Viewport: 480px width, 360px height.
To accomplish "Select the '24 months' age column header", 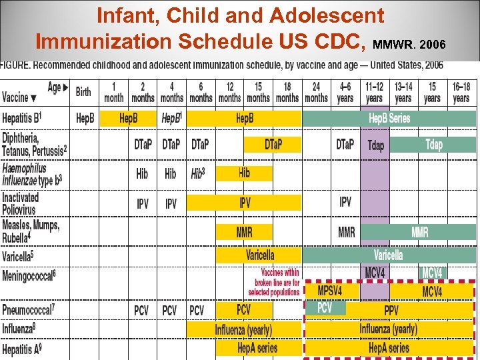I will pyautogui.click(x=316, y=92).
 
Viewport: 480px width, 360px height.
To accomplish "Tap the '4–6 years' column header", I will pyautogui.click(x=345, y=92).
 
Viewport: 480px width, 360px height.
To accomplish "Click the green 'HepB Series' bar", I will pyautogui.click(x=389, y=119).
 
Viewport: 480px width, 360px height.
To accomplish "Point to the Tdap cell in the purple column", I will pyautogui.click(x=375, y=145).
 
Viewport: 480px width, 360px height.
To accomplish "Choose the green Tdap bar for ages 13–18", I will pyautogui.click(x=433, y=145).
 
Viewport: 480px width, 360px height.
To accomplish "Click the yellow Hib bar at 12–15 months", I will pyautogui.click(x=244, y=173).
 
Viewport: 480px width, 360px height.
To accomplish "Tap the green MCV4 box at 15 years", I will pyautogui.click(x=432, y=273).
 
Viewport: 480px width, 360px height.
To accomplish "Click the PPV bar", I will pyautogui.click(x=391, y=310).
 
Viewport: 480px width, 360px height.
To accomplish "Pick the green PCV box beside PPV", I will pyautogui.click(x=325, y=308).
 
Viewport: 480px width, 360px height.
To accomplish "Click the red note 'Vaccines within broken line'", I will pyautogui.click(x=273, y=282).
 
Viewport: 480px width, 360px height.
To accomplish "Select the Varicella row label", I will pyautogui.click(x=18, y=255).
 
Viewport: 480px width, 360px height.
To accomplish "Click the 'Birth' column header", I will pyautogui.click(x=83, y=92).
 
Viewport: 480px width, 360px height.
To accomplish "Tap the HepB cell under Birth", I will pyautogui.click(x=85, y=119).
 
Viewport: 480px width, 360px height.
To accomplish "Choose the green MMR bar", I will pyautogui.click(x=420, y=232).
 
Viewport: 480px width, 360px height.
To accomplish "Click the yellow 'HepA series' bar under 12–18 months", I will pyautogui.click(x=257, y=347).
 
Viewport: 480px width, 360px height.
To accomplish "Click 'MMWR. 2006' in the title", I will pyautogui.click(x=407, y=45).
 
